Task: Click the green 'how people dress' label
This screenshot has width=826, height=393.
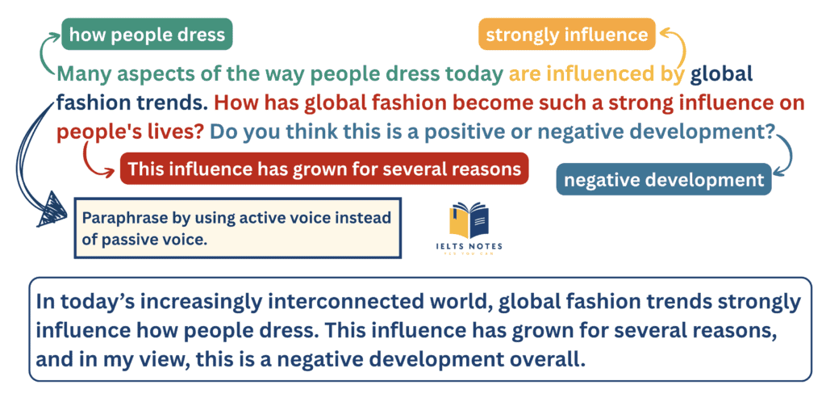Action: [x=148, y=35]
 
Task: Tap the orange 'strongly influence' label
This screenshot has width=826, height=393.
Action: [x=566, y=35]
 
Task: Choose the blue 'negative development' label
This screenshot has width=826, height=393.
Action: [x=663, y=180]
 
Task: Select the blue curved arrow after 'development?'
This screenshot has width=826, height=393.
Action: [x=786, y=157]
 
